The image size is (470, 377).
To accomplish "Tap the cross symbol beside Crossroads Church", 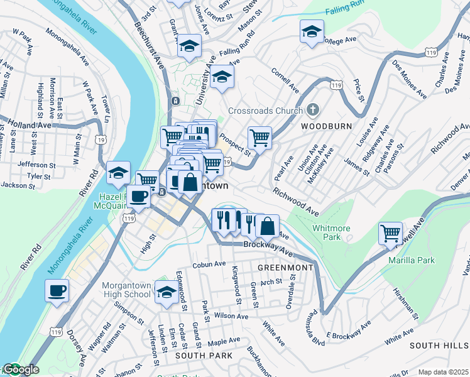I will (312, 110).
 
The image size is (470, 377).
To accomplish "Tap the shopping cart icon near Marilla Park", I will (390, 233).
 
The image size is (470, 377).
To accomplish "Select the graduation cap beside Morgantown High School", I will (167, 291).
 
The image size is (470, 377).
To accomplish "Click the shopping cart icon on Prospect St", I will (260, 137).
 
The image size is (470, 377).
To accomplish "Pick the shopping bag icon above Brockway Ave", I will (267, 225).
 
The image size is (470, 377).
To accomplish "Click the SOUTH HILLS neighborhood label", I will (439, 346).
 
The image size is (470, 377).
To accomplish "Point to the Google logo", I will (21, 370).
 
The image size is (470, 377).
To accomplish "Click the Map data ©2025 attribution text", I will (444, 372).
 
